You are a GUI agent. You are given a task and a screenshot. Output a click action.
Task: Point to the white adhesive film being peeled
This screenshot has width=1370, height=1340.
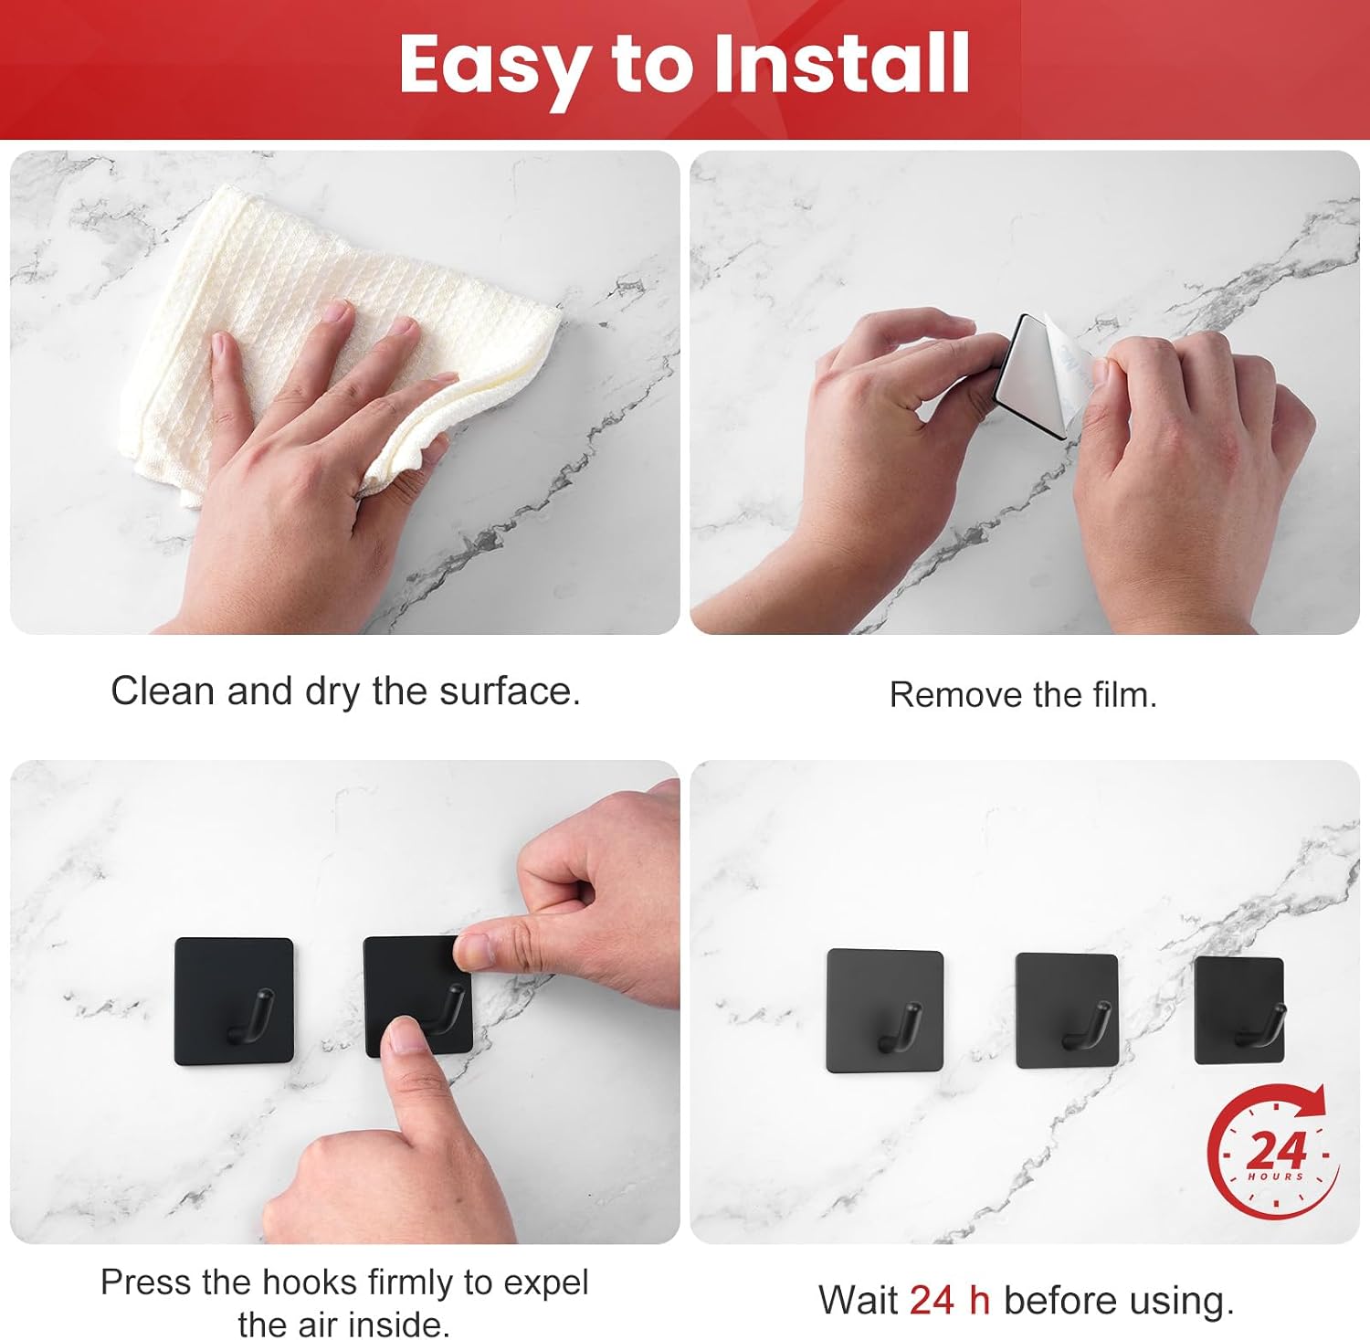point(1041,375)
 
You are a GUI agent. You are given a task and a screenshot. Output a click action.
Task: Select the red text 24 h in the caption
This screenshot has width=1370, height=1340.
point(950,1300)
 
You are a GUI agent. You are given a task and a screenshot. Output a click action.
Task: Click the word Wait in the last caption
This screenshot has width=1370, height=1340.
point(859,1300)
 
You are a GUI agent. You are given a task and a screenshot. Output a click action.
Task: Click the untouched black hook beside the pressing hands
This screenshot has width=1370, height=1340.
point(235,1001)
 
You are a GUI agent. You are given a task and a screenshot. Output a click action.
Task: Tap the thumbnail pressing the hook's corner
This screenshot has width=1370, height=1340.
point(474,950)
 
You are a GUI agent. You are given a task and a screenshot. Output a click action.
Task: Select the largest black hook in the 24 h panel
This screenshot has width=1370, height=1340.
point(884,1011)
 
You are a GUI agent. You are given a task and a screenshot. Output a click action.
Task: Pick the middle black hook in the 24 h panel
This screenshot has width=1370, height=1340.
point(1067,1011)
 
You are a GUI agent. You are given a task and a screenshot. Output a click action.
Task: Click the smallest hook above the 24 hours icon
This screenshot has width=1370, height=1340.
point(1240,1010)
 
